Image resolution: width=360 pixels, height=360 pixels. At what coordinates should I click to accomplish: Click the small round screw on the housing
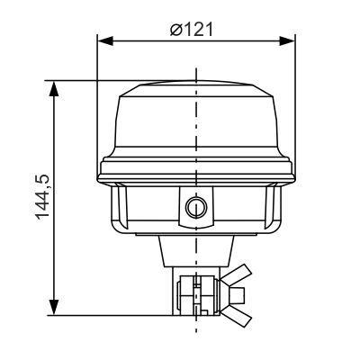click(193, 209)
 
